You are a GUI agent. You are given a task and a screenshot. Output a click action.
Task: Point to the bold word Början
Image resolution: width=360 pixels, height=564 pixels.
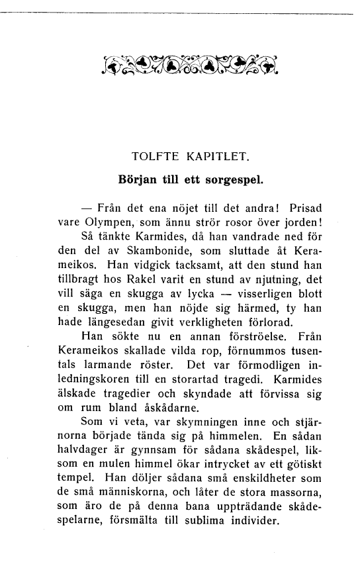[137, 179]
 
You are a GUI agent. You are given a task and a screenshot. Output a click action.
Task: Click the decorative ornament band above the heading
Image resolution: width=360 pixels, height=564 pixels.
[191, 64]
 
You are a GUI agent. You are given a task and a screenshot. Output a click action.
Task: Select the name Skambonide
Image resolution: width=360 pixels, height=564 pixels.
[147, 254]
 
